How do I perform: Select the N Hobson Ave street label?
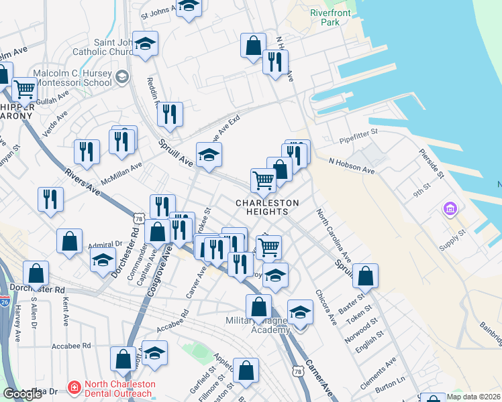[x=352, y=166]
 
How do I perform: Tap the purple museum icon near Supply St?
[x=449, y=210]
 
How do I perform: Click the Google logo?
[x=21, y=395]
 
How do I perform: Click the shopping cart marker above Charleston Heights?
[x=263, y=179]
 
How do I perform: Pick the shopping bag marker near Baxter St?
[x=365, y=275]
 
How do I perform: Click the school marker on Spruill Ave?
[x=209, y=154]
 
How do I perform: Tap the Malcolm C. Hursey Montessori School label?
[x=72, y=78]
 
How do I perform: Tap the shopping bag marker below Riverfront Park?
[x=253, y=46]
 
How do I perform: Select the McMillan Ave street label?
[x=121, y=174]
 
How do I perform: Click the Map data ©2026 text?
[x=474, y=396]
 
